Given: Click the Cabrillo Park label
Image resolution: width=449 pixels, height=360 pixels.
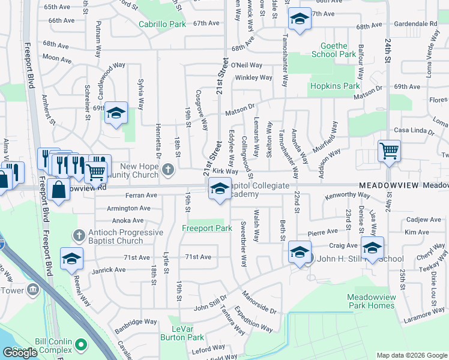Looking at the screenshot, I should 162,25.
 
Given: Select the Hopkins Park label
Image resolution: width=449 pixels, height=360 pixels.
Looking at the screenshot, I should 334,86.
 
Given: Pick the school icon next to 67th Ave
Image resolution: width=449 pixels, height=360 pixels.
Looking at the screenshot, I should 300,18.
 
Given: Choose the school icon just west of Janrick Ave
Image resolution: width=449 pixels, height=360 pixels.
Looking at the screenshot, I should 71,258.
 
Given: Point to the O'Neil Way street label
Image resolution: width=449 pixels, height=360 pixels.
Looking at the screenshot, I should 247,65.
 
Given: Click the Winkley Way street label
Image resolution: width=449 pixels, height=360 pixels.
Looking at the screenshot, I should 254,77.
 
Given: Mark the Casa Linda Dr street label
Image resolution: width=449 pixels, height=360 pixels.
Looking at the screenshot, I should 412,131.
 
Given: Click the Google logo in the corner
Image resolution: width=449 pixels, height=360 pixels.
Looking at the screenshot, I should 20,352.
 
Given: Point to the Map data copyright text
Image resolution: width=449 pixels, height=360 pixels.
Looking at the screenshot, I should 412,355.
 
